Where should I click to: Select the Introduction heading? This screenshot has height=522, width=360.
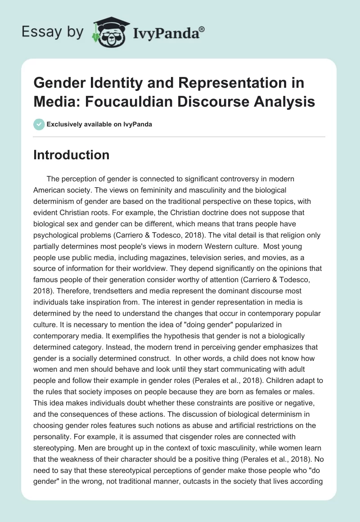pos(72,155)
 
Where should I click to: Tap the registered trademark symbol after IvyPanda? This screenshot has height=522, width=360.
pos(202,29)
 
